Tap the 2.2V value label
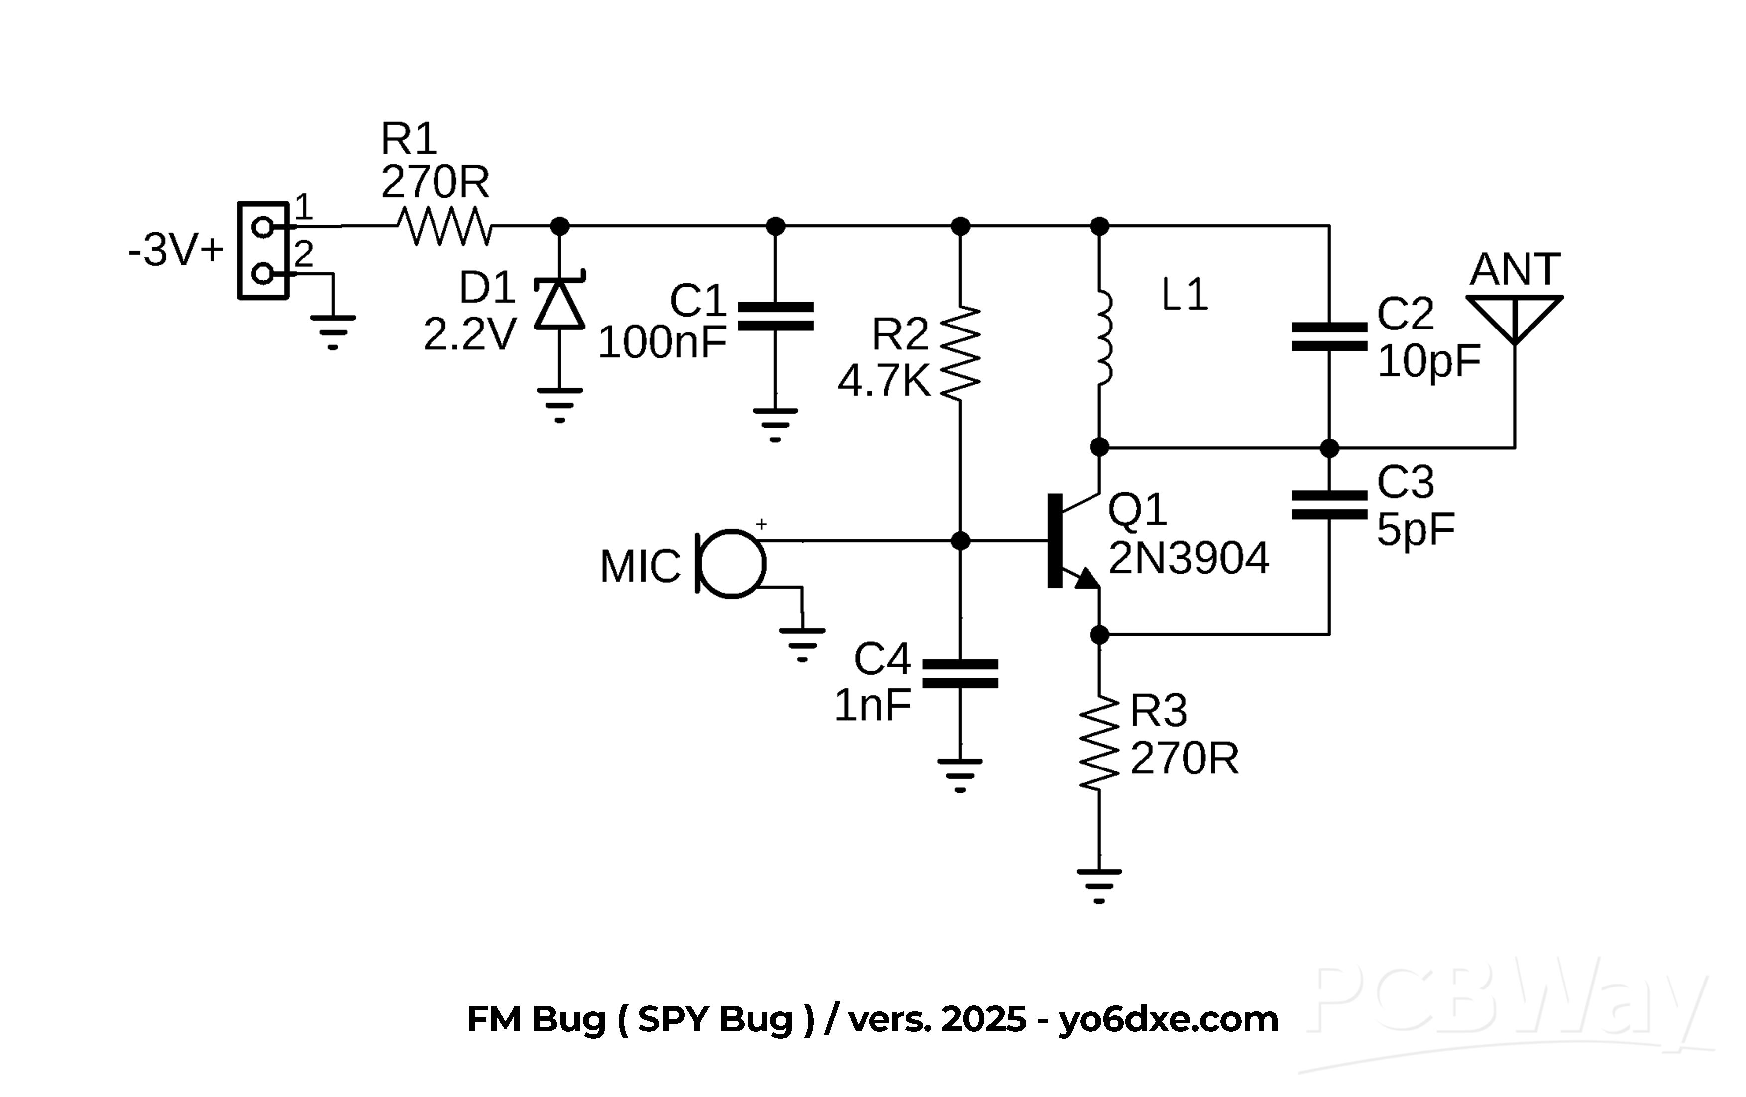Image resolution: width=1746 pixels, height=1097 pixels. (469, 334)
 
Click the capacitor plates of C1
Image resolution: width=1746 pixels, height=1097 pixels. (775, 317)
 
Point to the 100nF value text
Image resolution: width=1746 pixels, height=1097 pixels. (661, 342)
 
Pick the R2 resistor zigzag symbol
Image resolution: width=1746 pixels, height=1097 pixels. (960, 353)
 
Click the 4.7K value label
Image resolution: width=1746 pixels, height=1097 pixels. (883, 381)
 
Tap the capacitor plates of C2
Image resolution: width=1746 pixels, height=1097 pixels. (1329, 337)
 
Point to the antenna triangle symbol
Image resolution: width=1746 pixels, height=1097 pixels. (1514, 316)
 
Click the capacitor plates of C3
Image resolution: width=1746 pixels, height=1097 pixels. (1329, 505)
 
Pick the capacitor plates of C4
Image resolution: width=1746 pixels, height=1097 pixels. (960, 673)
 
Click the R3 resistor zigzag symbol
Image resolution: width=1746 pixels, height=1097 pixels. (1099, 743)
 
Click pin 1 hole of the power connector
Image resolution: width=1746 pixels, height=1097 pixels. (262, 227)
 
